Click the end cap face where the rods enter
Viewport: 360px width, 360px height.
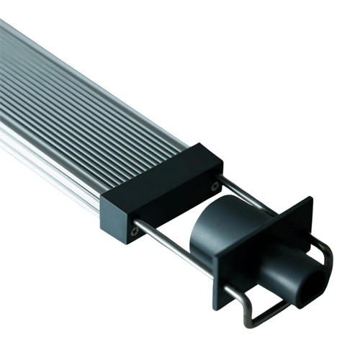click(173, 209)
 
